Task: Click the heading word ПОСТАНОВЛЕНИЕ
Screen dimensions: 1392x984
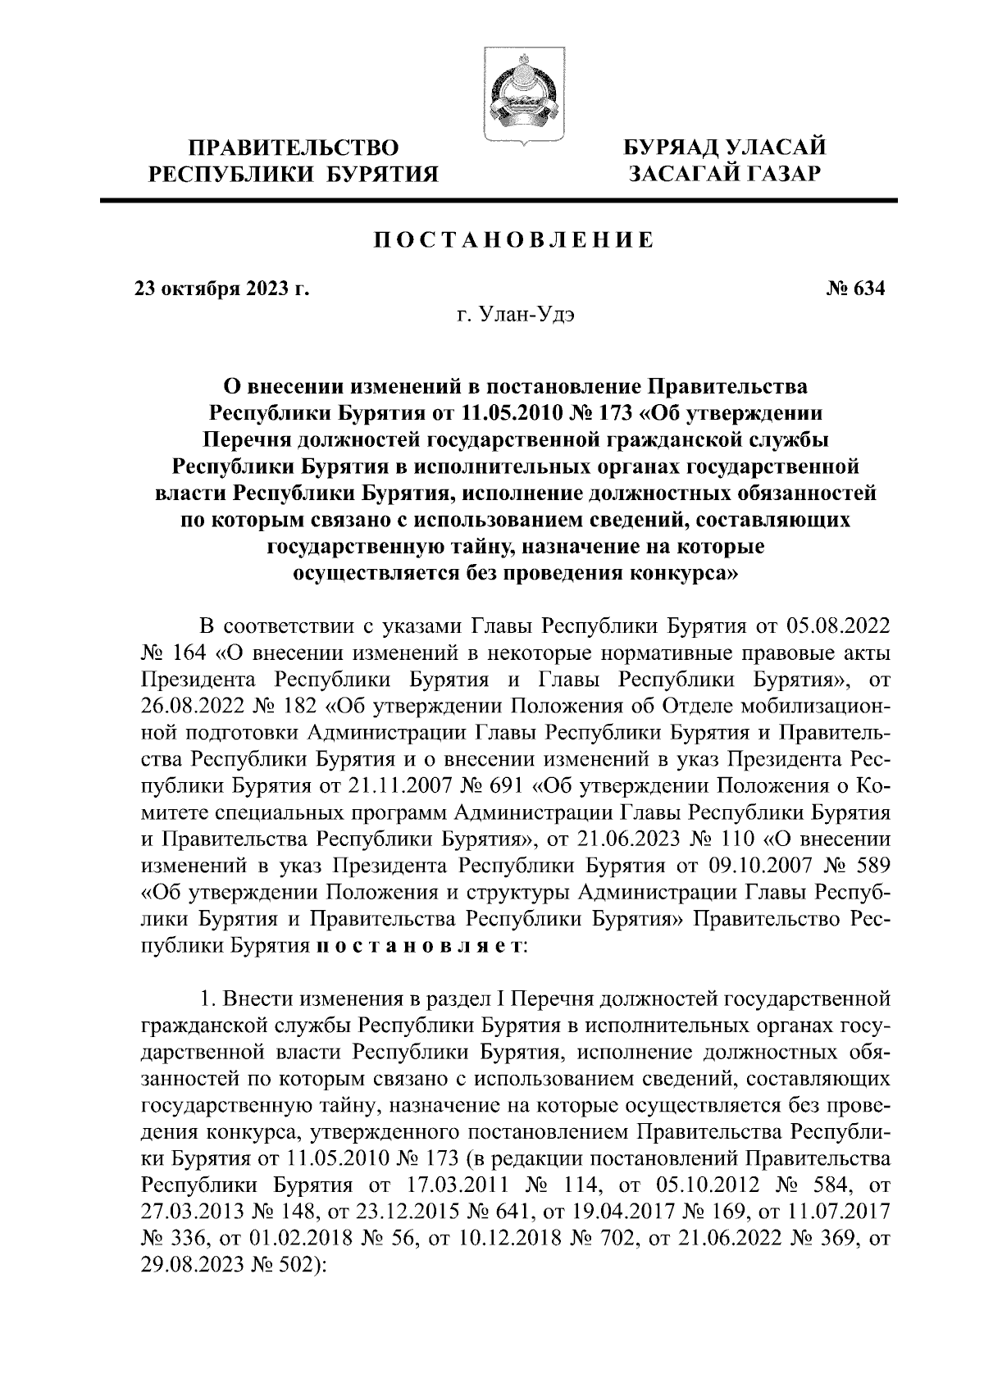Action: pos(514,240)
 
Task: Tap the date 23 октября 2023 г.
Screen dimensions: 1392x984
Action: pos(221,289)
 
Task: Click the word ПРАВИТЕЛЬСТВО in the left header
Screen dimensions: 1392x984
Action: pos(294,148)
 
